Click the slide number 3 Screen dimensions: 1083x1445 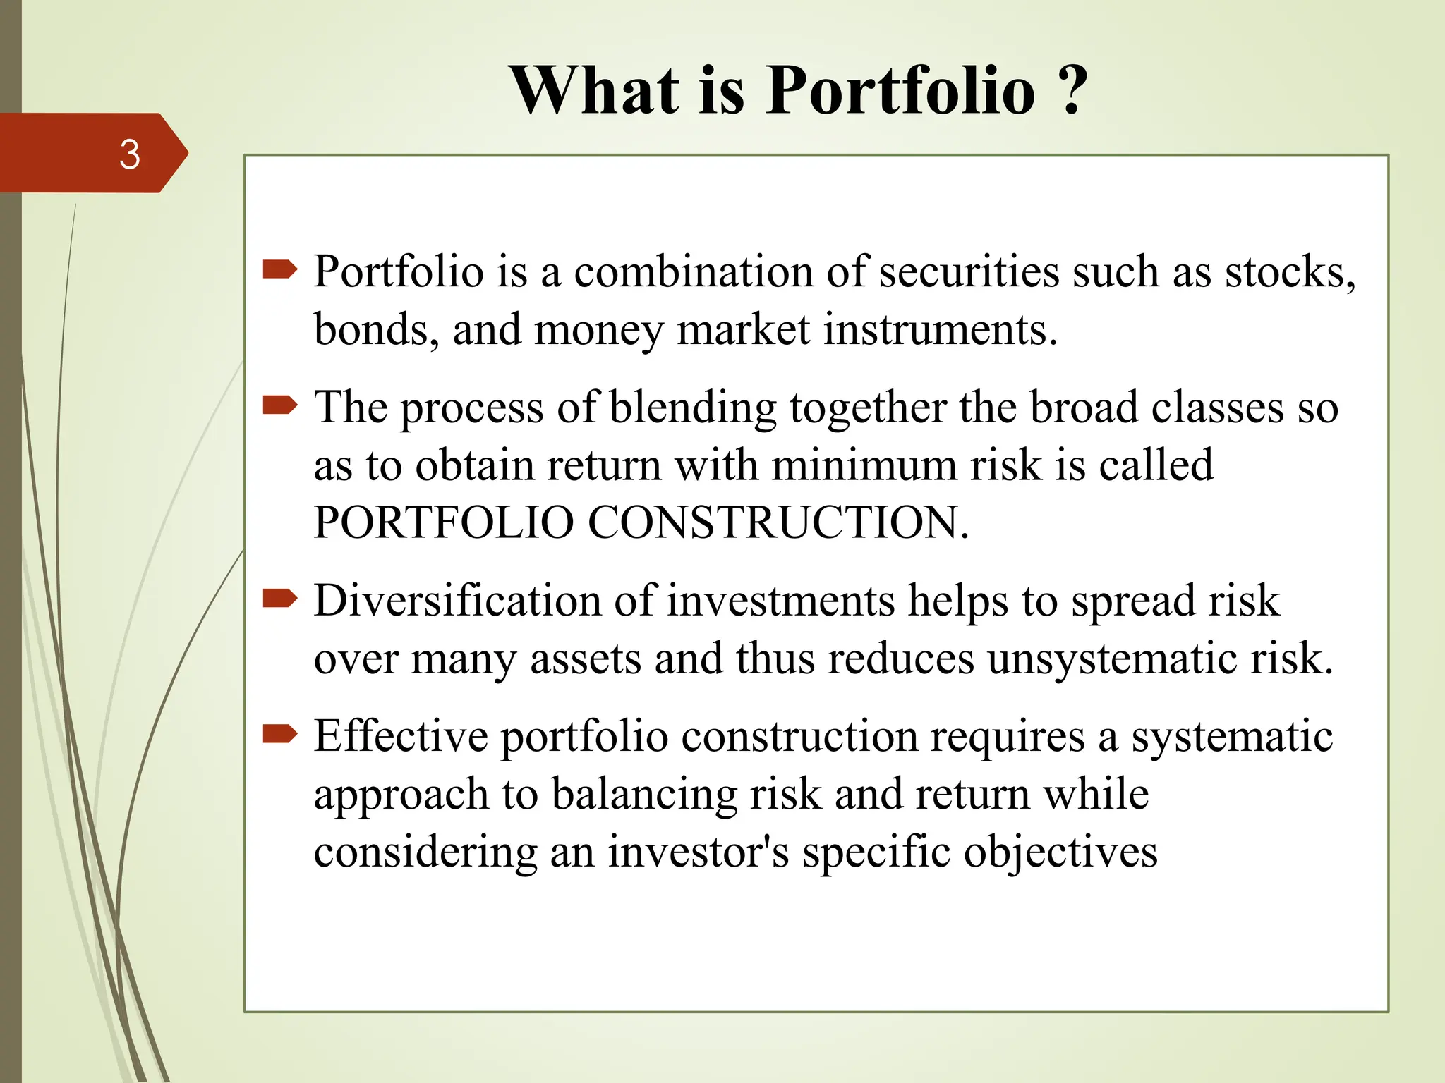pyautogui.click(x=129, y=154)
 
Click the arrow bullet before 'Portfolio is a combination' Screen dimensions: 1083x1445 pyautogui.click(x=279, y=269)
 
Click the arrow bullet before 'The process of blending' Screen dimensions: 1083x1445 pyautogui.click(x=279, y=405)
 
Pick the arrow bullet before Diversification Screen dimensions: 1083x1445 pyautogui.click(x=279, y=599)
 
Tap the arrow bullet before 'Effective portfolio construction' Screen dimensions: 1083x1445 pyautogui.click(x=279, y=735)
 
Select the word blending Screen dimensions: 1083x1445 pyautogui.click(x=692, y=408)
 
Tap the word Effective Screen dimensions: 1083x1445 pyautogui.click(x=400, y=736)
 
